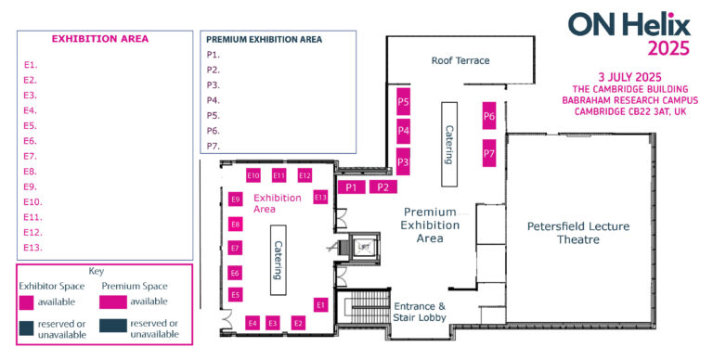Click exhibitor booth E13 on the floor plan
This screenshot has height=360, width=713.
coord(320,197)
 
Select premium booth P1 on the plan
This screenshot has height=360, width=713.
coord(351,187)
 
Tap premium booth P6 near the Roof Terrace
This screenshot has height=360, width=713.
coord(489,116)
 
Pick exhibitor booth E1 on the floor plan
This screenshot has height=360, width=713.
coord(321,304)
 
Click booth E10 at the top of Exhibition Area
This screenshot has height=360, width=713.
coord(253,175)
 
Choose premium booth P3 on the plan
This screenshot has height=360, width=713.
coord(403,161)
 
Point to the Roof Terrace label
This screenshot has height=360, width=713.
coord(460,61)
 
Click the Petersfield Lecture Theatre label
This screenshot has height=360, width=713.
coord(564,233)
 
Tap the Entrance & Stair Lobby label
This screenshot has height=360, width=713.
coord(420,312)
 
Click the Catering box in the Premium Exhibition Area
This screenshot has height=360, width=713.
coord(448,133)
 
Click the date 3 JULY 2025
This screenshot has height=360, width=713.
coord(630,76)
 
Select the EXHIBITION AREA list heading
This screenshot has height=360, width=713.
coord(99,39)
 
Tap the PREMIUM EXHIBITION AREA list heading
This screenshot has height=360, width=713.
coord(264,40)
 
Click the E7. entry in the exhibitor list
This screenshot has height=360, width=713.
coord(31,156)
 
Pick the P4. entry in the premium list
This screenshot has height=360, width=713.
coord(214,100)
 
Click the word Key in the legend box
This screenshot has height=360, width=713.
coord(97,272)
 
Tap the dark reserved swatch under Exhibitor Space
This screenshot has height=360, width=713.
coord(27,327)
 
